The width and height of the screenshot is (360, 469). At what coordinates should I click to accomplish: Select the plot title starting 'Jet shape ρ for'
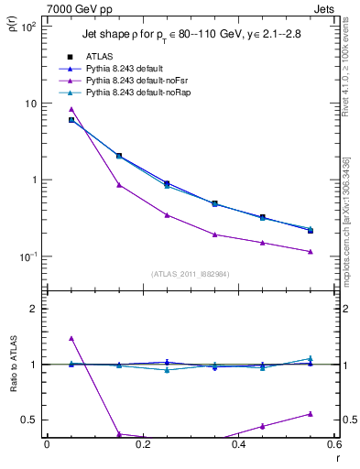[x=191, y=34]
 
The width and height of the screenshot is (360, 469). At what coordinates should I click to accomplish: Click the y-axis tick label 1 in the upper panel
[x=32, y=180]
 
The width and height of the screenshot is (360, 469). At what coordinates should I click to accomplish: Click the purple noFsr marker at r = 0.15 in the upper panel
[x=119, y=185]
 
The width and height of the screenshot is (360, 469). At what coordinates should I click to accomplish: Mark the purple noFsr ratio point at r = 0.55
[x=311, y=414]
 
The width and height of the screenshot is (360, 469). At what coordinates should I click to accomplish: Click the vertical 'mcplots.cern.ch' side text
[x=347, y=229]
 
